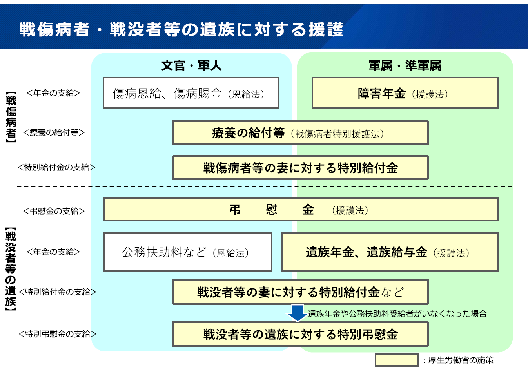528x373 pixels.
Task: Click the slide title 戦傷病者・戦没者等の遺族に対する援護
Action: pos(181,30)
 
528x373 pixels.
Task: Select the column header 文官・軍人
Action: pos(191,65)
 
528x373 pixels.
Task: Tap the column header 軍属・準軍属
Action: pos(405,65)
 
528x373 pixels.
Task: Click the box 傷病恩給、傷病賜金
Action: pos(191,93)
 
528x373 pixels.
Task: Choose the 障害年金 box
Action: pos(405,93)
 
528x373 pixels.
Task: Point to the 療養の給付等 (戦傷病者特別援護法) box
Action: pos(300,133)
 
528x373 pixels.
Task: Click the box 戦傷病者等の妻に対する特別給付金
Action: pos(300,168)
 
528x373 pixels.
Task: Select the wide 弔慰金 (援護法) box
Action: pos(301,210)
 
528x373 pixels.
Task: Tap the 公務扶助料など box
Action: pos(188,252)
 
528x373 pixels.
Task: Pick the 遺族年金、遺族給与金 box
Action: pos(390,252)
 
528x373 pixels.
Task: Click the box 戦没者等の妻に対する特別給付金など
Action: pos(300,292)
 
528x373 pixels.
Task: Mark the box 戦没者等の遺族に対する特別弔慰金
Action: pos(300,334)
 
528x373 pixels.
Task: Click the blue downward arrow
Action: pos(298,313)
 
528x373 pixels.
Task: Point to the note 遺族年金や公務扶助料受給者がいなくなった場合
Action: pos(397,313)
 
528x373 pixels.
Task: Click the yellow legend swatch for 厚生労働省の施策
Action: pos(397,360)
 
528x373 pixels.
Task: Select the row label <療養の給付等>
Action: pos(54,132)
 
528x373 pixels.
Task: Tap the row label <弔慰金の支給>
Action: pos(54,211)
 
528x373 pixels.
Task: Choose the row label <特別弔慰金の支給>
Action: pos(57,334)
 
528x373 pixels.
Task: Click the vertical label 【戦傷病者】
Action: pos(11,117)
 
